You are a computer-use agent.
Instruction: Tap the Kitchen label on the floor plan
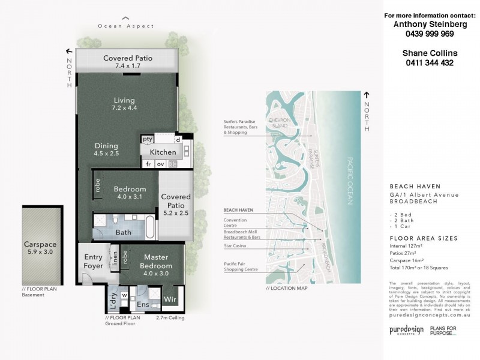pos(163,152)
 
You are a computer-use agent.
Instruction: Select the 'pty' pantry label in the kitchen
pos(147,139)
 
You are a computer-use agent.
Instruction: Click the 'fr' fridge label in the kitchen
pos(148,164)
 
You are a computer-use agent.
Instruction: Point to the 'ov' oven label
pos(161,164)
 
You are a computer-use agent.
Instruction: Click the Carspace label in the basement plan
pos(40,245)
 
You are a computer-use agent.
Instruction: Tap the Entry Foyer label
pos(93,262)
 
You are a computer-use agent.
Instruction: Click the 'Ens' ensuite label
pos(143,305)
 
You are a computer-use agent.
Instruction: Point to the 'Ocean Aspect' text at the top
pos(126,26)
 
